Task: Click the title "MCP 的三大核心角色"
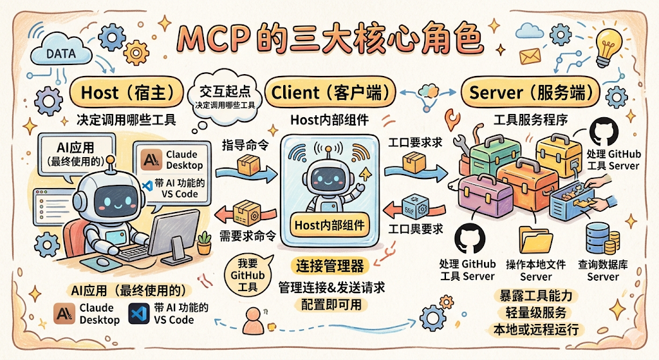click(329, 39)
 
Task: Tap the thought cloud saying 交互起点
click(225, 97)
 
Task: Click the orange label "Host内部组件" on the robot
click(329, 225)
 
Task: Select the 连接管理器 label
click(330, 266)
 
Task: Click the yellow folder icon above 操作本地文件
click(535, 240)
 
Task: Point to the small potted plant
click(205, 243)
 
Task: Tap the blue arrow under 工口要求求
click(416, 173)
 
